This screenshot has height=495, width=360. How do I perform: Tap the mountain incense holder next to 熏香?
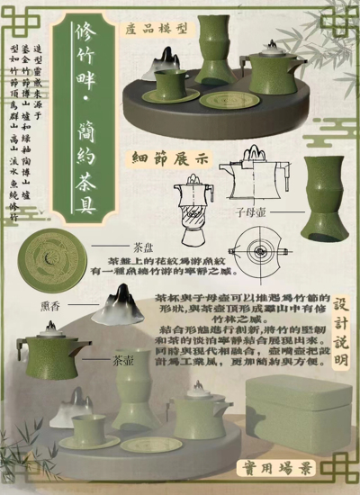pyautogui.click(x=117, y=305)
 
